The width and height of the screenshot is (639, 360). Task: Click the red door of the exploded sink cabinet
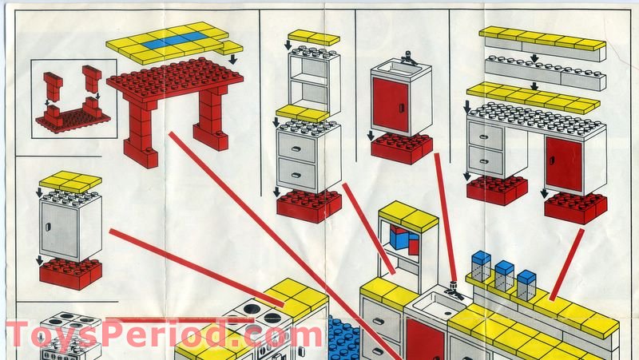coord(391,105)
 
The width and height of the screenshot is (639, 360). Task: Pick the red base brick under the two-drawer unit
coord(308,204)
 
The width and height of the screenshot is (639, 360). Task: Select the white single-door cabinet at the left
coord(70,226)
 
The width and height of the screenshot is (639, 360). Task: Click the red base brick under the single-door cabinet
coord(70,273)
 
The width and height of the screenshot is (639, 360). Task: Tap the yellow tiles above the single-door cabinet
coord(70,182)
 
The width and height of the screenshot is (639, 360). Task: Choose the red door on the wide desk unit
coord(564,164)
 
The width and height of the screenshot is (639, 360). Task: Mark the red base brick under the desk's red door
coord(575,208)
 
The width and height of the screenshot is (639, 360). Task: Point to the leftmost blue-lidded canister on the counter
coord(481,266)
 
